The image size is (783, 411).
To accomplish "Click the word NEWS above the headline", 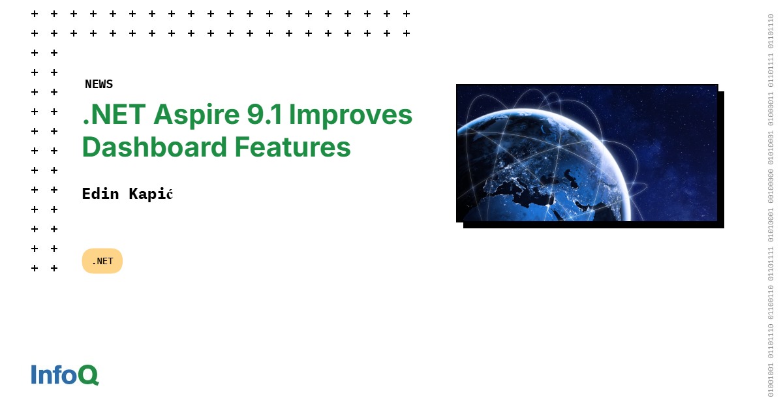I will [99, 84].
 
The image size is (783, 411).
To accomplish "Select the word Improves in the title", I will [350, 115].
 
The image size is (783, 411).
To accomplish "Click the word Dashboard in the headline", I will [154, 147].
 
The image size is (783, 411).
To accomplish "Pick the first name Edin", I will [100, 194].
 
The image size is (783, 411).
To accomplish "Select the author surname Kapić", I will [149, 194].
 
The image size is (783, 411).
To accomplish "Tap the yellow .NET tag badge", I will [102, 261].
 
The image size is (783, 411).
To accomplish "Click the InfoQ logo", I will [65, 374].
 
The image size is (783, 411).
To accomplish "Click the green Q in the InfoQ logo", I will [88, 375].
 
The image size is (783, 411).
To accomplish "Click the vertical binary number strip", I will [771, 205].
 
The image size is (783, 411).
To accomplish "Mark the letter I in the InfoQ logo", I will [34, 374].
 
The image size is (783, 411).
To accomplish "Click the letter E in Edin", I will [86, 194].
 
